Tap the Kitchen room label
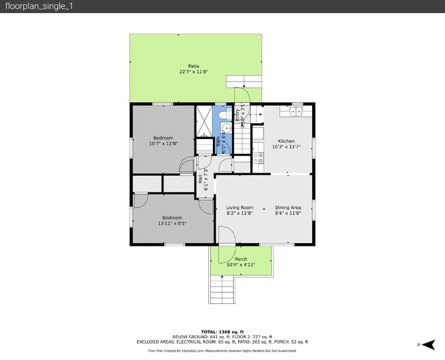coord(286,142)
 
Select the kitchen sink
coord(296,110)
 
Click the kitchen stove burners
coord(259,157)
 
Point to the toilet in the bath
coord(230,115)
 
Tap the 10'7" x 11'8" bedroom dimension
coord(163,144)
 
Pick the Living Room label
coord(240,208)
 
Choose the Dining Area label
coord(288,208)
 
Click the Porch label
coord(241,259)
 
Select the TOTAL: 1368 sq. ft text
coord(222,331)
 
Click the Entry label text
coord(238,114)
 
